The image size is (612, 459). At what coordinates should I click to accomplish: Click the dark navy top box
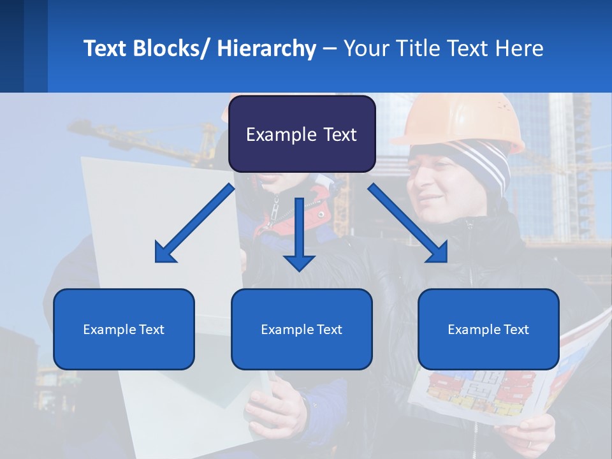[302, 134]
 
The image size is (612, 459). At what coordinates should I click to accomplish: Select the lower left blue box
[124, 329]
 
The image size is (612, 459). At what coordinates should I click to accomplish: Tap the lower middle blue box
[302, 329]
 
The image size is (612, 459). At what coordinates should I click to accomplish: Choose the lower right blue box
[488, 329]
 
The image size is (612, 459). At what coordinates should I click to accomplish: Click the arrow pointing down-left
[194, 223]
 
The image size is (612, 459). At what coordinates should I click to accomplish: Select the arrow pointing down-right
[408, 223]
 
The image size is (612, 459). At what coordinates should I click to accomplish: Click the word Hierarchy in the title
[266, 48]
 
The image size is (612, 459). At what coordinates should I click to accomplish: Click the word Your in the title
[365, 48]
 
